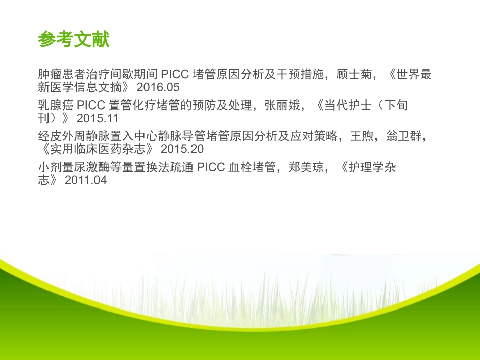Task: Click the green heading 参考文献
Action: pos(74,40)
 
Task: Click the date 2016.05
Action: pos(158,87)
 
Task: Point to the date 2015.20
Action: pos(182,149)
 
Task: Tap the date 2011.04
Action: pos(86,180)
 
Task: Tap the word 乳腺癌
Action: pos(56,106)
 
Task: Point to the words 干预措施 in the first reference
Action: pos(298,74)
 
